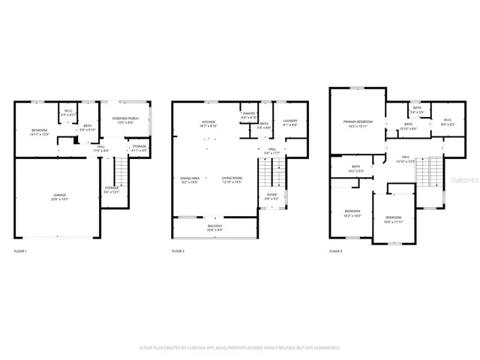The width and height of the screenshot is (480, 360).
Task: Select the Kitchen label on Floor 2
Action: [x=208, y=124]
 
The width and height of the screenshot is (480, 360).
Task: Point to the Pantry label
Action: [x=249, y=116]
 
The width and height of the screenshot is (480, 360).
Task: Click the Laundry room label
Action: [x=290, y=122]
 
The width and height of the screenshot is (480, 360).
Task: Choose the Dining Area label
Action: [x=189, y=180]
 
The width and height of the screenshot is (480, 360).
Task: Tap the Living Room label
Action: [x=232, y=180]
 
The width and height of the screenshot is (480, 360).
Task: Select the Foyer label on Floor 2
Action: [x=271, y=196]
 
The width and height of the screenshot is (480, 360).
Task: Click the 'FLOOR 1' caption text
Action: [x=20, y=250]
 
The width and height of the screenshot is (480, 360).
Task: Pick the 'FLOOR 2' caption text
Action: [x=178, y=250]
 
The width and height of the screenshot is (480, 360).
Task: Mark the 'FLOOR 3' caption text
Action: [x=336, y=250]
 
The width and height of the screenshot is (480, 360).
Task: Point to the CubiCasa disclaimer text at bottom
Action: [x=240, y=348]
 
